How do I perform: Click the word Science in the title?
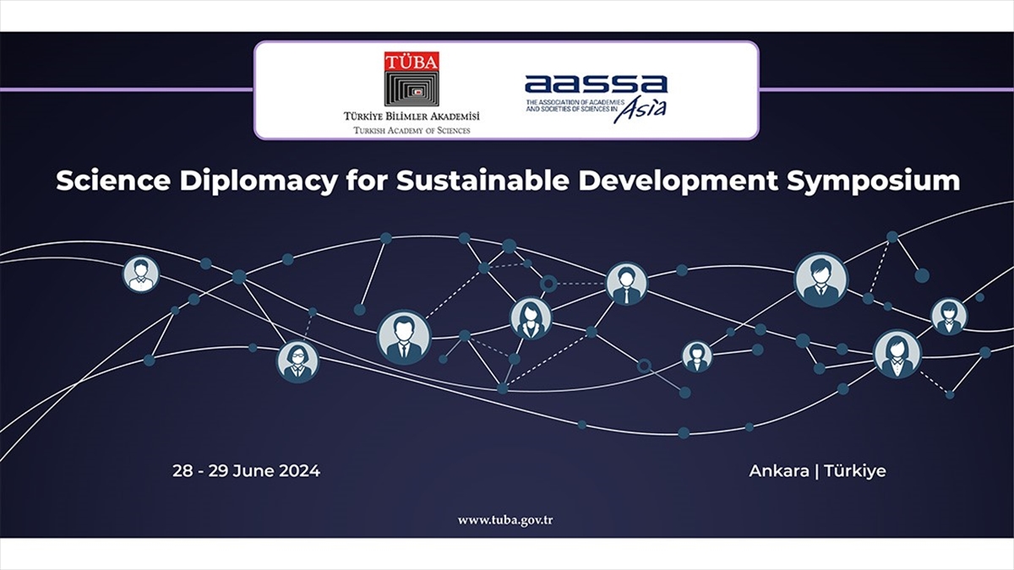[113, 181]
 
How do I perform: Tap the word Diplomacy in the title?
[259, 182]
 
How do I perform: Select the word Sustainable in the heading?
[482, 181]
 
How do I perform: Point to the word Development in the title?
[678, 182]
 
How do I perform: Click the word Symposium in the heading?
[873, 182]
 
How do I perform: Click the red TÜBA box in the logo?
[412, 61]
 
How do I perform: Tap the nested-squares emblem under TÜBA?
[412, 89]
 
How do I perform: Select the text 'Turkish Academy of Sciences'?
[412, 131]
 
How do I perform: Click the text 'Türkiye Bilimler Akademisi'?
[412, 117]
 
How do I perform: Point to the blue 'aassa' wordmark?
[597, 84]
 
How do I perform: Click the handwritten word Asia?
[641, 110]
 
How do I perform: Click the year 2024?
[299, 471]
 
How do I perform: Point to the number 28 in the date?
[183, 471]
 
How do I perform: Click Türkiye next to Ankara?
[855, 471]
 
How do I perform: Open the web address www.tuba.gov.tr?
[505, 521]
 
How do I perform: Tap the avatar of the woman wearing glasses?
[297, 361]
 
